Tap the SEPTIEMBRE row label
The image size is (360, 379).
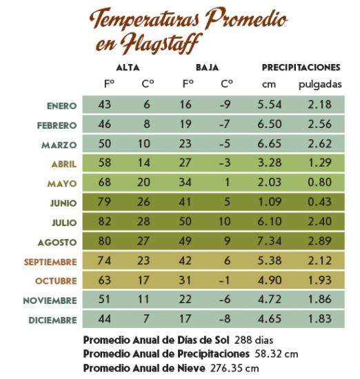click(50, 263)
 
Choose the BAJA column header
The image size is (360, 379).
click(208, 68)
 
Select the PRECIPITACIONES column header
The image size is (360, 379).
click(301, 68)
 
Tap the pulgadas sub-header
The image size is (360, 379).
click(319, 85)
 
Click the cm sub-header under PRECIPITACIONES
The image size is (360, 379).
click(269, 85)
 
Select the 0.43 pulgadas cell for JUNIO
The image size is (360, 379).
click(319, 203)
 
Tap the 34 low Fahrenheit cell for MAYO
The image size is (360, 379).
click(188, 183)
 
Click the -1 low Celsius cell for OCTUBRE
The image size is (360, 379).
click(227, 282)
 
